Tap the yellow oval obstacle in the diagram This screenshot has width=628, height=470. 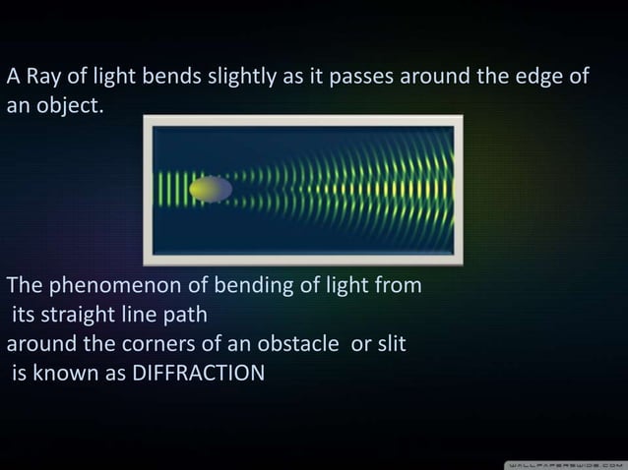click(211, 189)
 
